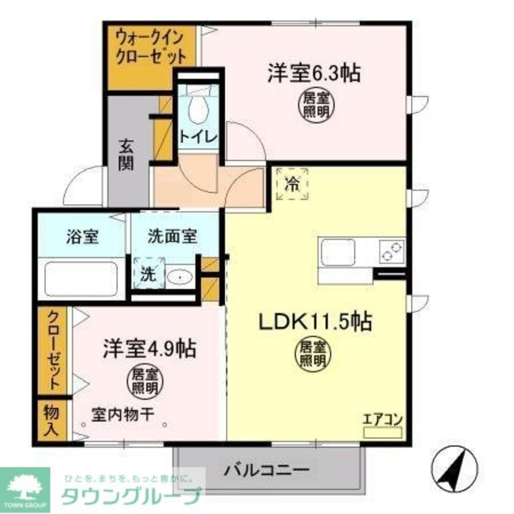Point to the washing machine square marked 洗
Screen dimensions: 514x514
(x=148, y=272)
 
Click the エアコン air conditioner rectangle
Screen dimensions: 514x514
(x=382, y=432)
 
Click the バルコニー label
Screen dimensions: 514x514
(x=267, y=469)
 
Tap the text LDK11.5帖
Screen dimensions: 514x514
(x=315, y=322)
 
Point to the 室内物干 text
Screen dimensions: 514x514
(x=123, y=414)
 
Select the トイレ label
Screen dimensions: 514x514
(x=198, y=137)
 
